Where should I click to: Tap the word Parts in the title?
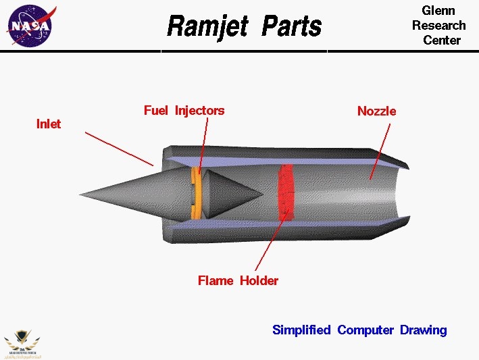[x=291, y=27]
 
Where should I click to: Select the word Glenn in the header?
[x=438, y=10]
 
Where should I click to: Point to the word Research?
[x=439, y=25]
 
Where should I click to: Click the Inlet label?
[x=49, y=124]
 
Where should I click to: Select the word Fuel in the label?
[x=156, y=110]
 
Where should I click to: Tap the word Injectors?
[x=199, y=110]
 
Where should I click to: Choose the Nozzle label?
[x=377, y=111]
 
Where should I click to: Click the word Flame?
[x=216, y=280]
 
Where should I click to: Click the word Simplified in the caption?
[x=301, y=330]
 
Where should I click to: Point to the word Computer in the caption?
[x=365, y=330]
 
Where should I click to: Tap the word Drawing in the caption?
[x=424, y=330]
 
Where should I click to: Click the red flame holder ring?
[x=286, y=192]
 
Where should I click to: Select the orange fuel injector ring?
[x=196, y=193]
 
